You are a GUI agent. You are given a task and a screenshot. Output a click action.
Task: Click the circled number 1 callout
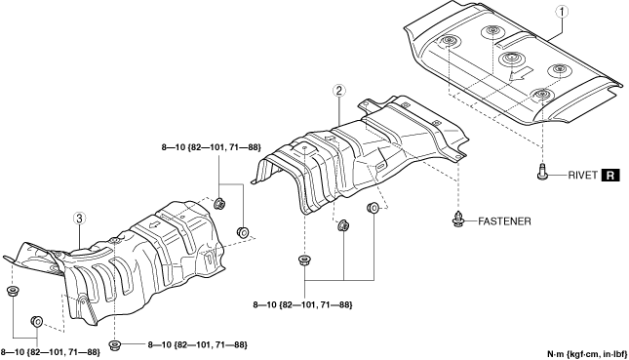tap(562, 12)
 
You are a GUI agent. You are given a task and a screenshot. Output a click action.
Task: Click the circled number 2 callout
tap(339, 91)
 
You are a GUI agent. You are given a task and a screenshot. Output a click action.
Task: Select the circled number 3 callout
tap(79, 219)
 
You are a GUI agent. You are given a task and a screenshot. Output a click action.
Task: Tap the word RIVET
tap(582, 176)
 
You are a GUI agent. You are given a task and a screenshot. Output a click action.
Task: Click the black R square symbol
tap(610, 176)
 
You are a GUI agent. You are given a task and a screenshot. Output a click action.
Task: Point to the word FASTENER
tap(504, 221)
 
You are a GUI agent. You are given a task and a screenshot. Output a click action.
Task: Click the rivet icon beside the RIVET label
tap(542, 172)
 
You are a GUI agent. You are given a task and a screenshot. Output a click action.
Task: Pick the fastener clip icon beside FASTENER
tap(457, 219)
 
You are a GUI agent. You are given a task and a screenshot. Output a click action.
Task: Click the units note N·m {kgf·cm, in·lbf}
tap(587, 354)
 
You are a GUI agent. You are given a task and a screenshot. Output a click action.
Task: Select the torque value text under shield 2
tap(302, 305)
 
